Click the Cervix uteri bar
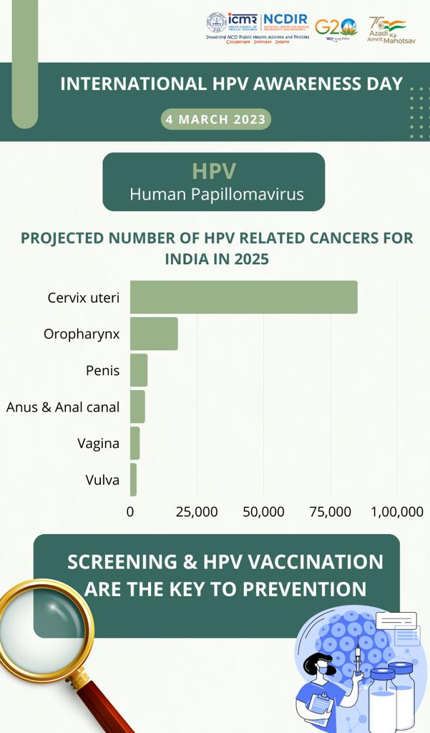[243, 297]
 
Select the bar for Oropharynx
[154, 334]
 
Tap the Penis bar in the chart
[139, 370]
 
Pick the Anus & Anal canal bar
[137, 407]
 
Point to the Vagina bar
[135, 443]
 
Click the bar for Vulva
[133, 480]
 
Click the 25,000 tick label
[197, 512]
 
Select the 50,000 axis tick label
[263, 512]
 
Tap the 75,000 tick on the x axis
[330, 512]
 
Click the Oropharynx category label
[82, 334]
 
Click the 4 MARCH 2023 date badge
[215, 119]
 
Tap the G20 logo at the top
[336, 27]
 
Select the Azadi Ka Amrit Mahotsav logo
[387, 31]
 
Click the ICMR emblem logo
[216, 22]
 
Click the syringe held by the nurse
[356, 659]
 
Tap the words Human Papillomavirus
[216, 194]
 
